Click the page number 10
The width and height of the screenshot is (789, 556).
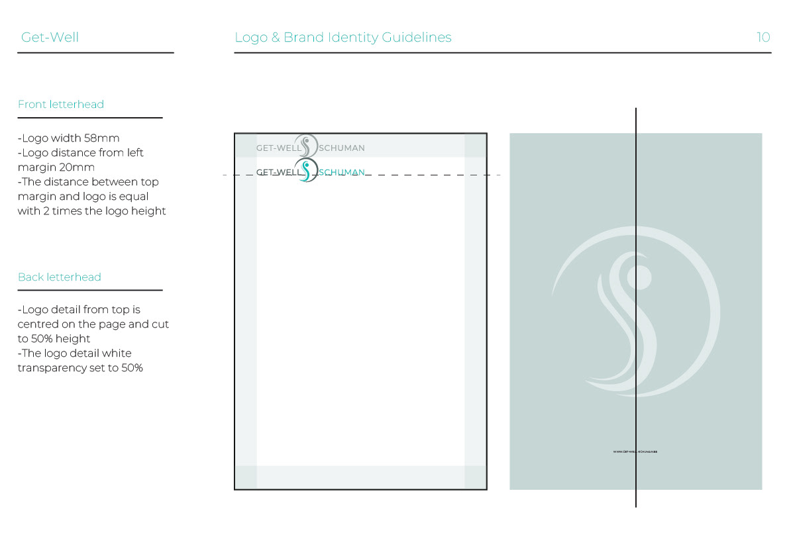click(x=763, y=37)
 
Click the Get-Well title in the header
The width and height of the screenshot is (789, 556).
click(x=50, y=37)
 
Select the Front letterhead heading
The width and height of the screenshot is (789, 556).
click(x=61, y=105)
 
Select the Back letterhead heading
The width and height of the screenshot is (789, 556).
click(x=60, y=277)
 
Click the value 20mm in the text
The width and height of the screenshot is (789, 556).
click(x=77, y=167)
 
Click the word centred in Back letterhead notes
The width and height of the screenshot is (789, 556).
click(x=39, y=324)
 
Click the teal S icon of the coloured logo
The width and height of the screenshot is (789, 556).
click(x=306, y=170)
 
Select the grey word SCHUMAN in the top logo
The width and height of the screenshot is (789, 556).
click(x=342, y=148)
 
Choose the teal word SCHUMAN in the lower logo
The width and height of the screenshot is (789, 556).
click(x=342, y=173)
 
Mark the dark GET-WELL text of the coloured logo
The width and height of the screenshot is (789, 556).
click(x=278, y=173)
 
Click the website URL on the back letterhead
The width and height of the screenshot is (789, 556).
click(x=635, y=451)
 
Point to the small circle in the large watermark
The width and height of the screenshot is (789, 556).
click(x=639, y=275)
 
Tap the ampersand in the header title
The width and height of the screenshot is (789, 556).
click(x=276, y=38)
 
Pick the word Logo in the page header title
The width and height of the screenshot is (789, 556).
click(x=251, y=38)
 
